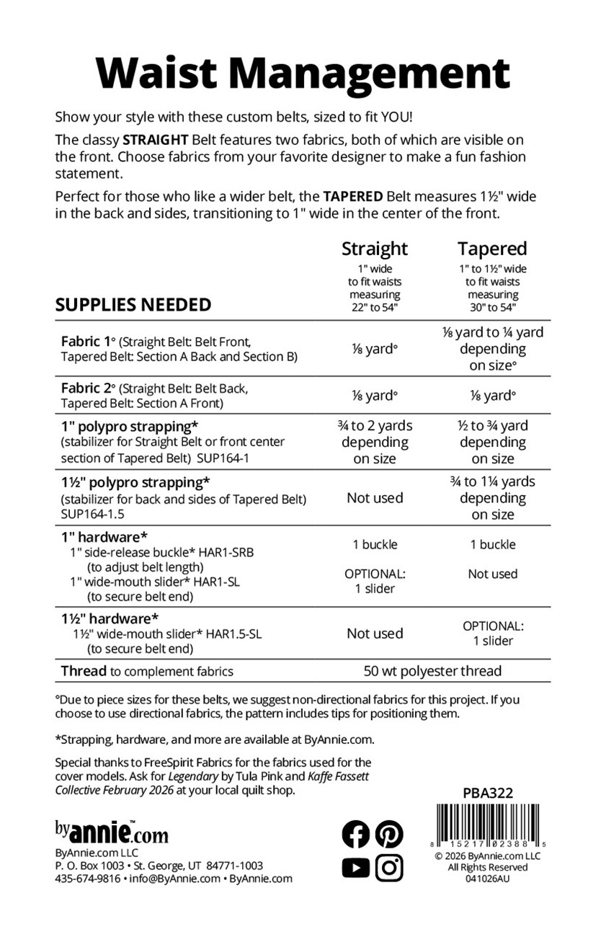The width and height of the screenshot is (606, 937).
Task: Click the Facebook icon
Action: click(355, 835)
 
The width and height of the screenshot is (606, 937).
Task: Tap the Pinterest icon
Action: click(389, 835)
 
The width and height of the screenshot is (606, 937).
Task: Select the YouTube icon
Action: click(355, 868)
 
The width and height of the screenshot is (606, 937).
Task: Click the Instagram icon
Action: click(389, 868)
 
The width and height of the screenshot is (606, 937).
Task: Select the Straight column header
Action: click(375, 249)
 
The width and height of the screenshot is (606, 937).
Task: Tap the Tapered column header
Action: click(493, 249)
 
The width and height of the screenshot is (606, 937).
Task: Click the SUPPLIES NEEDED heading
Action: click(133, 304)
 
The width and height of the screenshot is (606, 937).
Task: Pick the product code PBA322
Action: click(487, 793)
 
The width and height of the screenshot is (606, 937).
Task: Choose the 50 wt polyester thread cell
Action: click(432, 671)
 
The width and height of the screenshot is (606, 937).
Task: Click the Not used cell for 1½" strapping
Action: click(375, 498)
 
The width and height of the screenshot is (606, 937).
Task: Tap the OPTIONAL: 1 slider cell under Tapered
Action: click(493, 634)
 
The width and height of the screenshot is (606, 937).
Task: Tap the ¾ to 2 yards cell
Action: click(375, 442)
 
